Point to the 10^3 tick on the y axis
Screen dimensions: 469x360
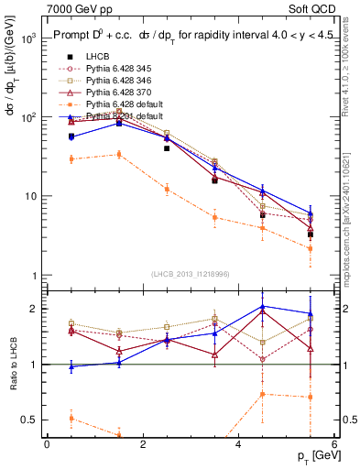click(x=27, y=39)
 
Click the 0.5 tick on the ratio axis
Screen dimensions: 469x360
click(x=27, y=420)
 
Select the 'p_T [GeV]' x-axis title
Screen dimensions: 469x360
click(x=313, y=456)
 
